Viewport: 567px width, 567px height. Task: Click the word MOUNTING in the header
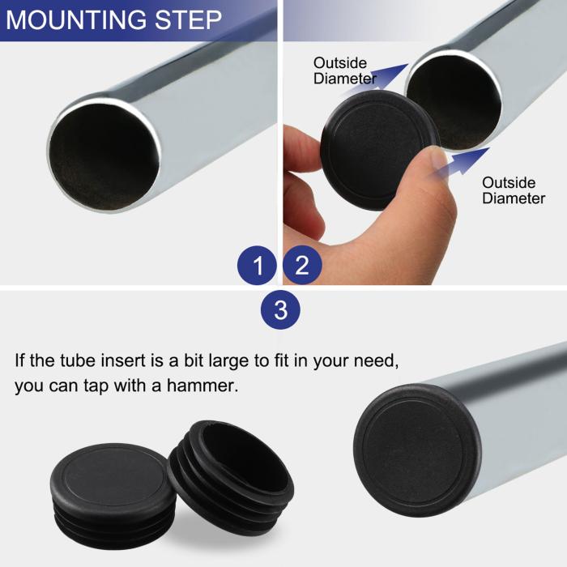76,19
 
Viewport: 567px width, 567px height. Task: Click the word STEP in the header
188,19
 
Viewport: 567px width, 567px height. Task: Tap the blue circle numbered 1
257,266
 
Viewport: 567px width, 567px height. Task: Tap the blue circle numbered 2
302,265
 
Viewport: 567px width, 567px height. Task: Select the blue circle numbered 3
280,310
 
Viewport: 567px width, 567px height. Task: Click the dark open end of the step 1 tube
104,156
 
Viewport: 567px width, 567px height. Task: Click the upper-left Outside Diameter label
344,70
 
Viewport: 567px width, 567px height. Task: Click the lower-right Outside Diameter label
514,190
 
